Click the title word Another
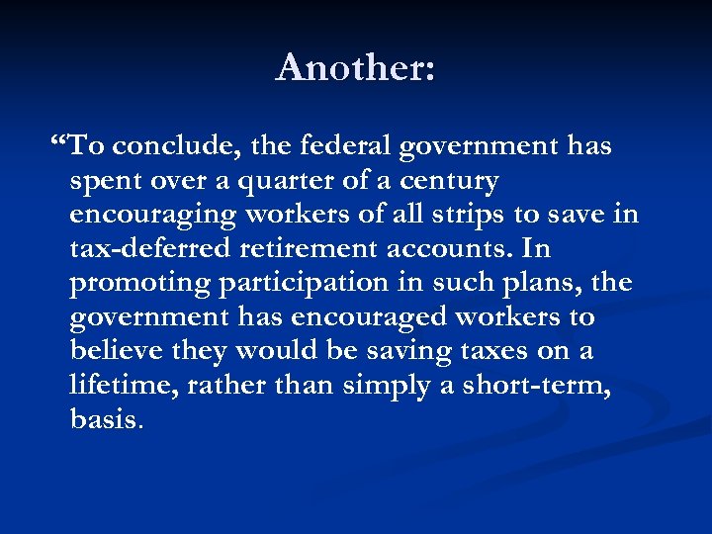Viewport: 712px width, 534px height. coord(355,67)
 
